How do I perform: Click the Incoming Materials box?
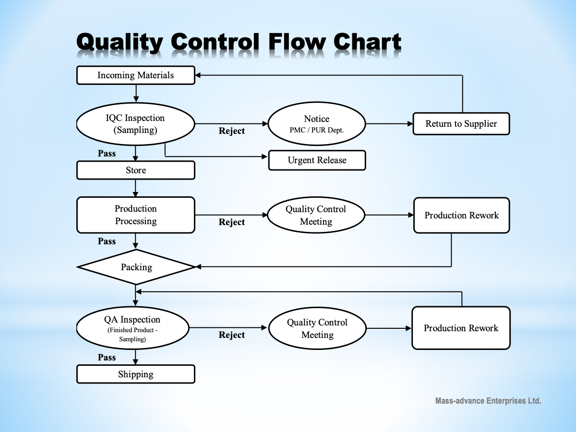(x=136, y=75)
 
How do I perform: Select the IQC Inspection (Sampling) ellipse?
(x=135, y=124)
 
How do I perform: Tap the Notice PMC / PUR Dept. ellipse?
(x=316, y=123)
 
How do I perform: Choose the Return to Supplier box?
(x=461, y=124)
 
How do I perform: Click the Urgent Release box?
(x=317, y=160)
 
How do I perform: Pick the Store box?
(x=136, y=170)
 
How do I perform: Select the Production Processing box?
(x=136, y=215)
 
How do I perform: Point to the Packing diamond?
(x=136, y=267)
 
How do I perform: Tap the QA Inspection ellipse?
(x=132, y=328)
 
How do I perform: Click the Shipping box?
(x=136, y=374)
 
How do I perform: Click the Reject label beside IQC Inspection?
(x=232, y=131)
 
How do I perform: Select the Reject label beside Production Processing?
(x=232, y=222)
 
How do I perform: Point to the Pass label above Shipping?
(x=107, y=357)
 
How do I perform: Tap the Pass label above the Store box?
(x=107, y=153)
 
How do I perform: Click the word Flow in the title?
(x=297, y=41)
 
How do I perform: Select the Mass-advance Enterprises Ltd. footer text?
(x=488, y=401)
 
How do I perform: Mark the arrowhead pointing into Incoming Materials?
(x=198, y=75)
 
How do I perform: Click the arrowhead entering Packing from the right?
(x=199, y=267)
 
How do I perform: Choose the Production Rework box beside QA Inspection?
(x=461, y=328)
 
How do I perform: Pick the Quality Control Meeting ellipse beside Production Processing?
(x=316, y=215)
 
